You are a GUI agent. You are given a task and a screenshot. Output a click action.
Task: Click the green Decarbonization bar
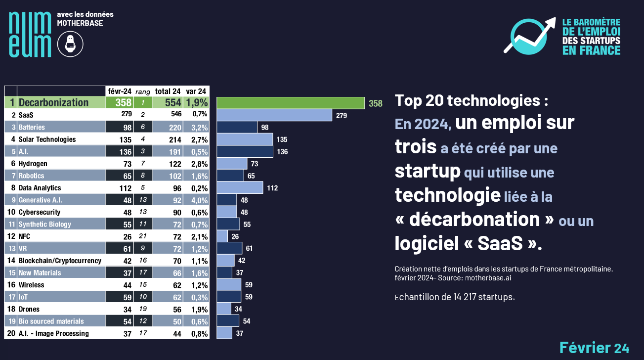[291, 103]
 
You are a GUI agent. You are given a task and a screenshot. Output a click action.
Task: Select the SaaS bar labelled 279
[274, 115]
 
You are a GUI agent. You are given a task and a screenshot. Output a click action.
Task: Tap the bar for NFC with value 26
[222, 236]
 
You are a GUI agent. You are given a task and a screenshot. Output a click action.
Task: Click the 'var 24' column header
[196, 91]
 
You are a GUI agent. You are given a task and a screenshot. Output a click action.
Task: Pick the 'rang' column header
[143, 91]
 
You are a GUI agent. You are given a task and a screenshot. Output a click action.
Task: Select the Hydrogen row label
[33, 164]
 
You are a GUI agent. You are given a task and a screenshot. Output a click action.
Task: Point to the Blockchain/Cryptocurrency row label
[60, 261]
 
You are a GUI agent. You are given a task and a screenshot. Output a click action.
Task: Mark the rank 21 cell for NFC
[143, 236]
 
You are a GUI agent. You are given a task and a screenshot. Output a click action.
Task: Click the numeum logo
[30, 34]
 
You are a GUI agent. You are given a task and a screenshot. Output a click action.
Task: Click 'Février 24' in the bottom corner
[594, 348]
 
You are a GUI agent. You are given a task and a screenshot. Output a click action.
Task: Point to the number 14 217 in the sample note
[462, 297]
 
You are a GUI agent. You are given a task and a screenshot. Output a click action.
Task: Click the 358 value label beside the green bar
[376, 103]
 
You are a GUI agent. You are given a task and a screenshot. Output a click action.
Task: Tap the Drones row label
[29, 309]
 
